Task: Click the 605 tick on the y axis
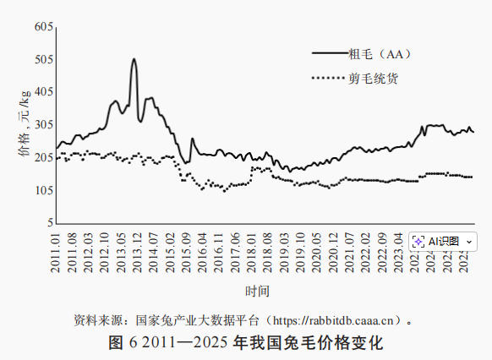44,27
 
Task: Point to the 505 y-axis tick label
44,60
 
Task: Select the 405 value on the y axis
44,92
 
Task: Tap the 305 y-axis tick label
44,125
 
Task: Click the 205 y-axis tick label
44,158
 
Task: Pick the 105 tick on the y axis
44,191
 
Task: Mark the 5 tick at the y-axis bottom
50,223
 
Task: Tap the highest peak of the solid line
134,59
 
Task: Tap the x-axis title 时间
257,292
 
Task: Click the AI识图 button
441,241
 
